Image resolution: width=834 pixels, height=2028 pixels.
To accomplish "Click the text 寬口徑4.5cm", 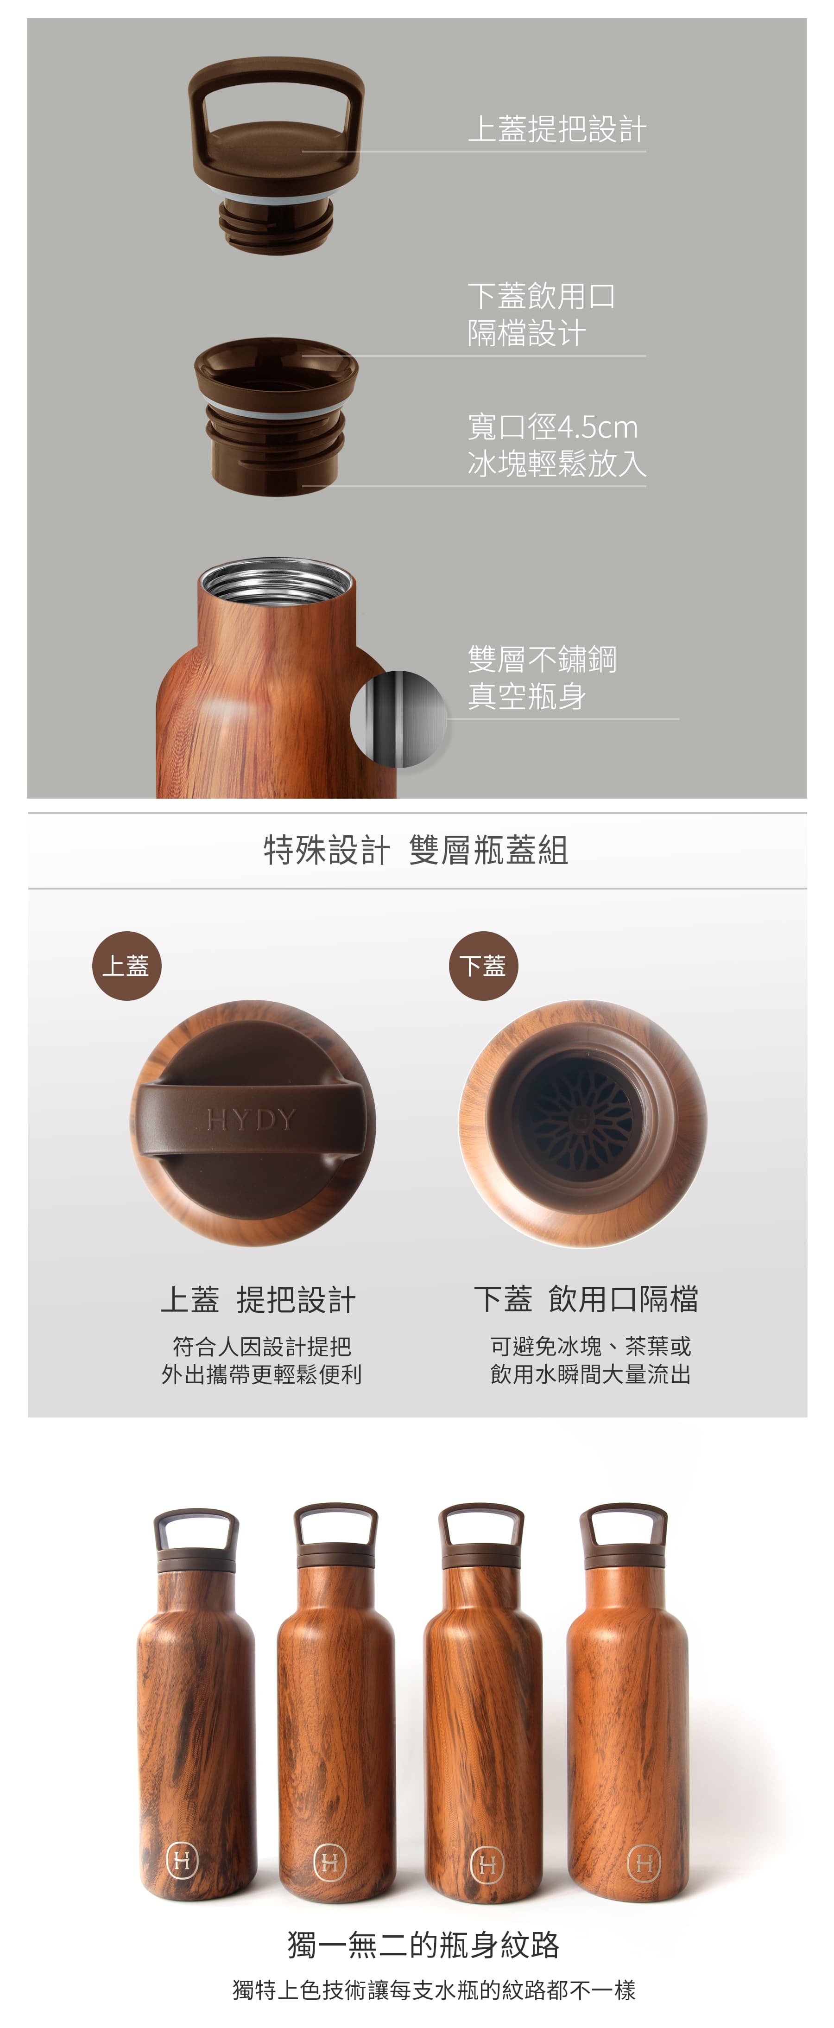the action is point(552,427).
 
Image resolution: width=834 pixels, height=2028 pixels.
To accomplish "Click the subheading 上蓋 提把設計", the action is point(258,1300).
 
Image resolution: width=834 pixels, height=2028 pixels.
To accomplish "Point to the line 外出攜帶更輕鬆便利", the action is point(261,1374).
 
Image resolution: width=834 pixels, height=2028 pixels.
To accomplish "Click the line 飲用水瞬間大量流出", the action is point(590,1374).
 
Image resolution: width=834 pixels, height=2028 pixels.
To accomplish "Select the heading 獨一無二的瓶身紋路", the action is point(423,1945).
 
